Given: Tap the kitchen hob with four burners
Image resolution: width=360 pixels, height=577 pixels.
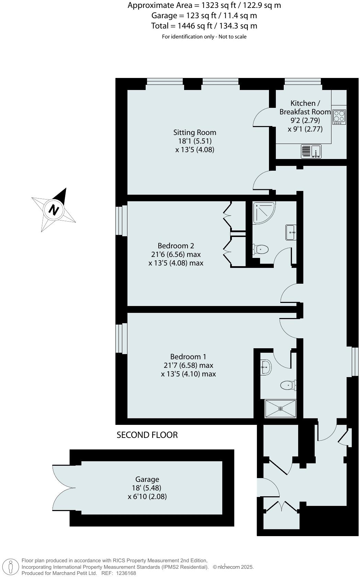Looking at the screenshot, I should (339, 117).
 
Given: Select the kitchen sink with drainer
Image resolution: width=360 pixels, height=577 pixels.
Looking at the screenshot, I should (312, 151).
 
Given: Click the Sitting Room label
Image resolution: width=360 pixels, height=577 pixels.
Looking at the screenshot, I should (194, 133).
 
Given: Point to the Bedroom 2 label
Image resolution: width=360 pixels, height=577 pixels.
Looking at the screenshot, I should (176, 246).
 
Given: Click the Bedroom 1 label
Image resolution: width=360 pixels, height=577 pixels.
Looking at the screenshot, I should (188, 357).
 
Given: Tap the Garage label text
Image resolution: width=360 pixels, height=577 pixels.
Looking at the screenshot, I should (147, 479).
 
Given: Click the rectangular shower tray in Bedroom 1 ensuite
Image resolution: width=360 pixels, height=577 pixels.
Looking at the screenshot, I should (280, 409).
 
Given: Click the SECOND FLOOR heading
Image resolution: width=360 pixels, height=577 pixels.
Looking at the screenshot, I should (147, 435).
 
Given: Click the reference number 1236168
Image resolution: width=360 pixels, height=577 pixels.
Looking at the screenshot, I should (126, 573).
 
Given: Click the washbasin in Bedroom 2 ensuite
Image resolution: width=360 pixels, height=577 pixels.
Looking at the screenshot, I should (291, 233).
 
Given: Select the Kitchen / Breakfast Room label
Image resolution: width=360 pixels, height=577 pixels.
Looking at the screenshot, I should (305, 107).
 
